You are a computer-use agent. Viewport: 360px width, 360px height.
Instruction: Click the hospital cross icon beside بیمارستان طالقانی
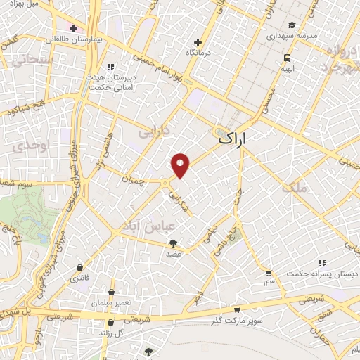74,28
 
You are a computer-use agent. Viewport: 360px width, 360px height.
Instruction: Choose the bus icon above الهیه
287,58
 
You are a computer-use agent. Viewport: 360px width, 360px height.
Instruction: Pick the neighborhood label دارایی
154,131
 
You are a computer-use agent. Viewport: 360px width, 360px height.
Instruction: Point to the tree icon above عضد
173,243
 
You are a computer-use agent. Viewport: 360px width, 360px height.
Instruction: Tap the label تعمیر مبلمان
110,302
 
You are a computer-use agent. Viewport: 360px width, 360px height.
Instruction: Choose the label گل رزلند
110,331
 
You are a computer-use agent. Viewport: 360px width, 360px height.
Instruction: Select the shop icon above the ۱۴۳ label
268,273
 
